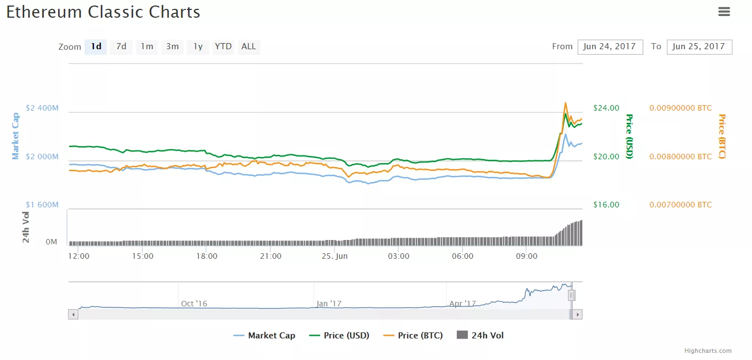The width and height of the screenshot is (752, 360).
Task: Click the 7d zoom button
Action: click(121, 47)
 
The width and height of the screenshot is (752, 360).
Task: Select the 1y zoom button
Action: click(197, 47)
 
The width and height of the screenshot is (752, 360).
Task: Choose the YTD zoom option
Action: click(223, 47)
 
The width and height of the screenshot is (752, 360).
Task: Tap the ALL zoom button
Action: click(249, 47)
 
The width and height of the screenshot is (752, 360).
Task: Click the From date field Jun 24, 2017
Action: click(610, 47)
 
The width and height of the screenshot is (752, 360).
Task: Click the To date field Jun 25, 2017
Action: click(699, 47)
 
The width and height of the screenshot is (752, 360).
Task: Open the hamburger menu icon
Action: click(724, 12)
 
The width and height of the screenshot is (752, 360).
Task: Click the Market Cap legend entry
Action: click(264, 335)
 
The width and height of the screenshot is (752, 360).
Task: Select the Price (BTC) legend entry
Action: click(413, 335)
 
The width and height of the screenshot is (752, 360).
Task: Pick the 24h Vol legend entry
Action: click(481, 335)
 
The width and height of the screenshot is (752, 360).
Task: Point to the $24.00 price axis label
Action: click(606, 108)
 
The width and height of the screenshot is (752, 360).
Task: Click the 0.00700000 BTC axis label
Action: click(681, 205)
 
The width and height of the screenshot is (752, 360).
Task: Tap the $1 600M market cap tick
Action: click(42, 205)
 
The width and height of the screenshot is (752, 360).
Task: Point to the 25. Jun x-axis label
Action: click(335, 256)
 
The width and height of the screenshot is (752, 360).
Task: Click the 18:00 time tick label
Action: click(207, 256)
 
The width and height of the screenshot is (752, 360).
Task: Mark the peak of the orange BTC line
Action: click(565, 103)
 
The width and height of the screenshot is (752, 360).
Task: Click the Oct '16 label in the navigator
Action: click(194, 304)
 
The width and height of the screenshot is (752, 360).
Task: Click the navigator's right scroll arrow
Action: click(577, 314)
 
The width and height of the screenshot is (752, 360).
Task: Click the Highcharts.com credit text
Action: click(708, 351)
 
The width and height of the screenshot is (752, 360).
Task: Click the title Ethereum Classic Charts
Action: click(103, 12)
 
